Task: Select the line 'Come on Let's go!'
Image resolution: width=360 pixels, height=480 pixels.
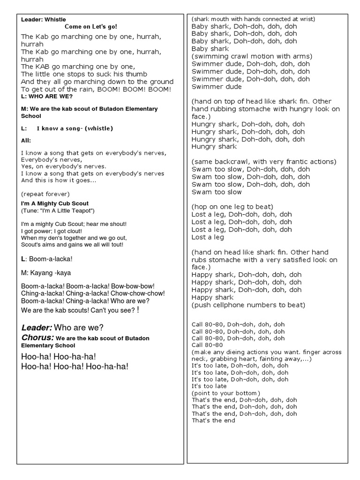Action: (x=94, y=27)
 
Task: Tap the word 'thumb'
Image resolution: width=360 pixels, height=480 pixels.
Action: (x=137, y=74)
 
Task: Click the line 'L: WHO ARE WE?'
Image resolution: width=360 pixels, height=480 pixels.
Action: (x=47, y=96)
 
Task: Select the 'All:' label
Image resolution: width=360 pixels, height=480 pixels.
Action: (x=26, y=140)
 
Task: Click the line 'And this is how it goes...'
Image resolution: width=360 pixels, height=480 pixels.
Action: (x=59, y=180)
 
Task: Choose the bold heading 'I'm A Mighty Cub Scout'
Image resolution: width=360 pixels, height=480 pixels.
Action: (x=55, y=203)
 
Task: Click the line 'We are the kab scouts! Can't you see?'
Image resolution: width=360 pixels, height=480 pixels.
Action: (x=78, y=310)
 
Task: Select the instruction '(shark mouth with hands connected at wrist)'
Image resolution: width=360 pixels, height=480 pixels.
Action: (x=253, y=19)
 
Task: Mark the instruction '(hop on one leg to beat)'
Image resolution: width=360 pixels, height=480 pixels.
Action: (x=232, y=207)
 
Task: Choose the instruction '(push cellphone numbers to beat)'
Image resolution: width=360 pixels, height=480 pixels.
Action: (x=248, y=305)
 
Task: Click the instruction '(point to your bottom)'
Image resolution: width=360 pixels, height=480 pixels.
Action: (x=226, y=393)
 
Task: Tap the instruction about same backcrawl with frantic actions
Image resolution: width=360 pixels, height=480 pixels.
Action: (x=264, y=162)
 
